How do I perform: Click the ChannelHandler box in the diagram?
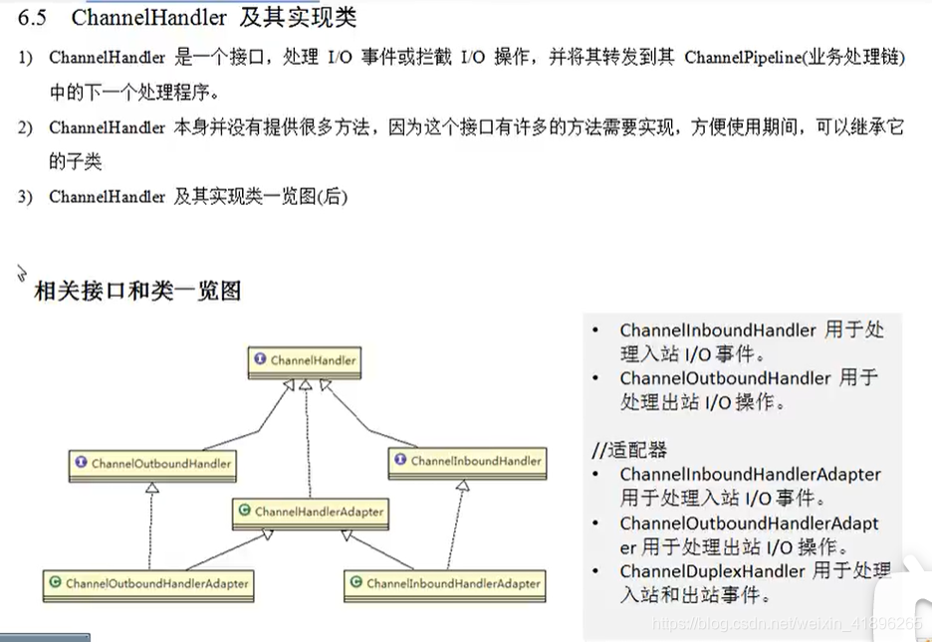click(305, 360)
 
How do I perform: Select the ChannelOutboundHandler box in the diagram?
click(152, 463)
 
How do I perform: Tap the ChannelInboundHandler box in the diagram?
click(467, 461)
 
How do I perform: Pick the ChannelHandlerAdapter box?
click(310, 512)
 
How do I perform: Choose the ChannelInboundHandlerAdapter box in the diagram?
click(444, 583)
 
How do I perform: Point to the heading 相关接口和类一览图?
click(137, 291)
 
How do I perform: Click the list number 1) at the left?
click(25, 58)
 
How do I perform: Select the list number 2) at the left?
click(25, 127)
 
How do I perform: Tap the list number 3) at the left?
click(25, 197)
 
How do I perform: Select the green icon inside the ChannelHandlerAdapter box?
click(245, 512)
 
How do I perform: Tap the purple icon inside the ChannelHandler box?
click(261, 360)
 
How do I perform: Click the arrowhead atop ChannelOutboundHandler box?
click(151, 488)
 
